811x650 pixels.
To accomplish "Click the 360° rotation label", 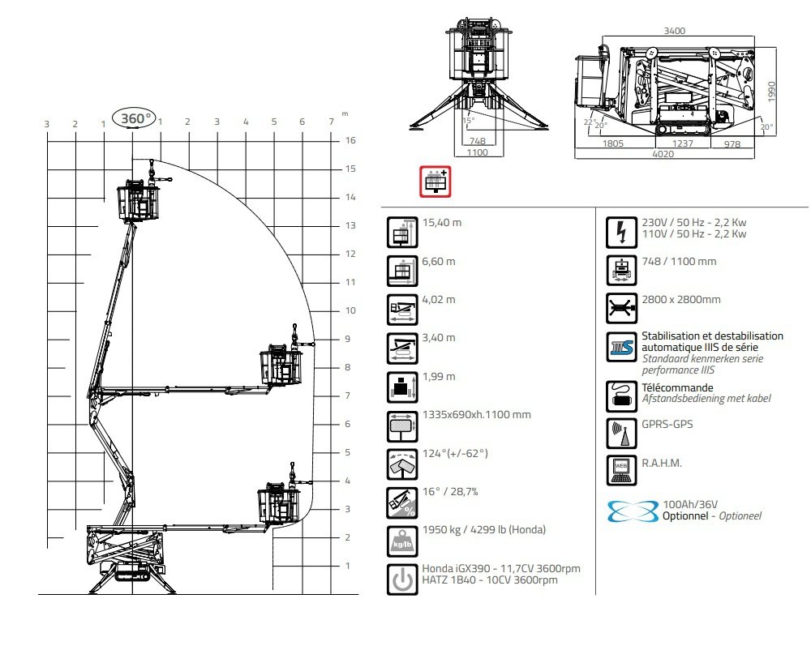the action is click(x=136, y=118).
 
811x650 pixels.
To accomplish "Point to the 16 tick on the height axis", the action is click(x=350, y=140).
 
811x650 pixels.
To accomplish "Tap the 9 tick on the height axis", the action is click(x=348, y=339).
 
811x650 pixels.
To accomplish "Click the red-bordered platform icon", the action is click(x=436, y=182).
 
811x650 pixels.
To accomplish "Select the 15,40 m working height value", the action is click(x=442, y=223).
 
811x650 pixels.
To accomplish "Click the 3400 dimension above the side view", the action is click(x=675, y=31).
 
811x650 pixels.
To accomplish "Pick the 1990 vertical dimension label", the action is click(x=772, y=92).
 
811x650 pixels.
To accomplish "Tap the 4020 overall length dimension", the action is click(x=663, y=154).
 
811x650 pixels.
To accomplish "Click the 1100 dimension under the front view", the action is click(x=477, y=152).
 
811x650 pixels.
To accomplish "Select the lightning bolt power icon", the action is click(x=621, y=232).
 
